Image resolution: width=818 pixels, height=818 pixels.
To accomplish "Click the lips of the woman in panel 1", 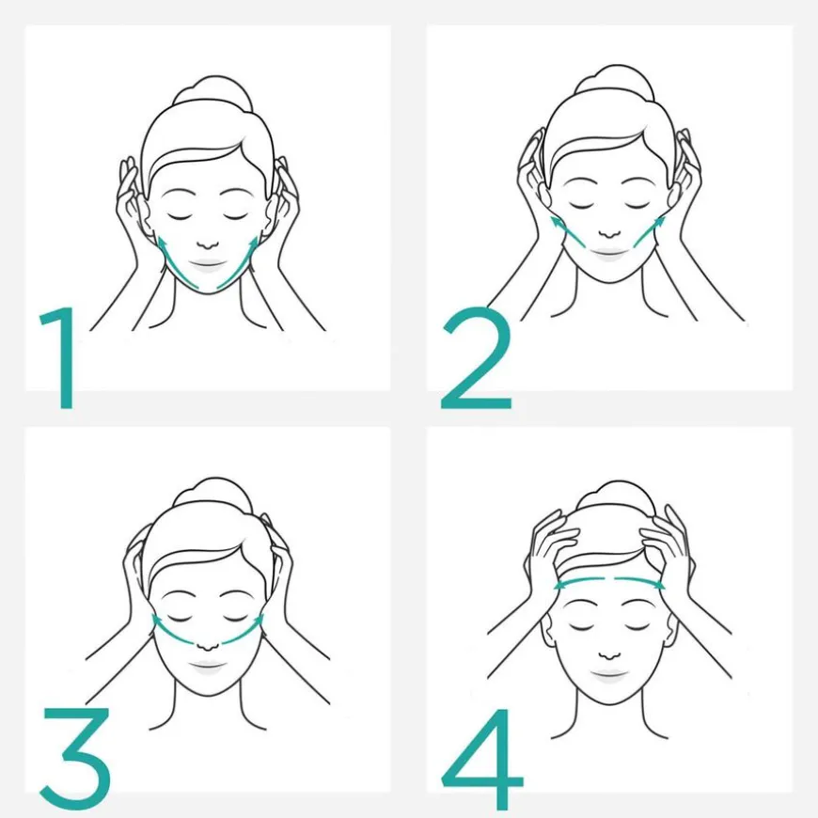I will click(x=208, y=264).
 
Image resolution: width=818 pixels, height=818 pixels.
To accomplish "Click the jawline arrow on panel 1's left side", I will click(x=176, y=262).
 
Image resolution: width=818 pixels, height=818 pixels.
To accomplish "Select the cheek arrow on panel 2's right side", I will click(x=648, y=231).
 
